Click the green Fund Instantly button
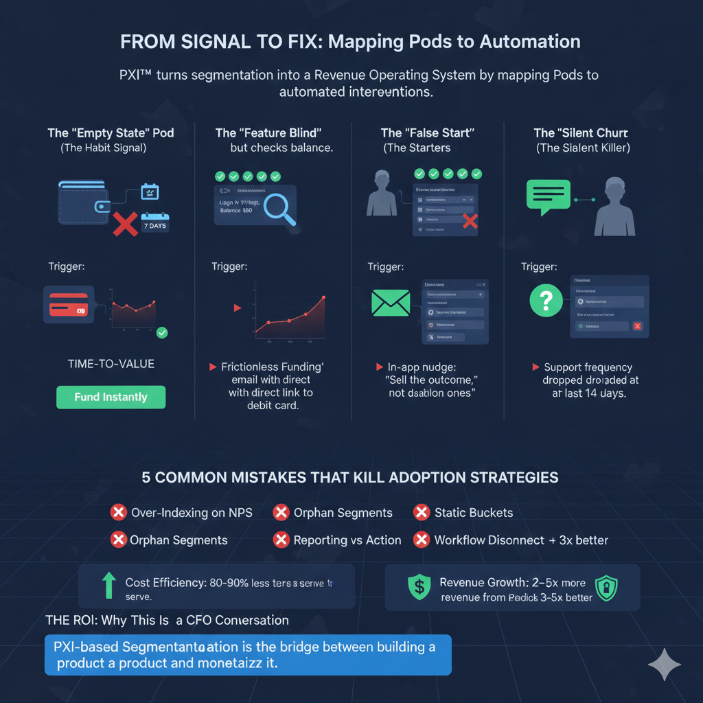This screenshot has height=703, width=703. click(x=111, y=397)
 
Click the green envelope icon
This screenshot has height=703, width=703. click(x=391, y=303)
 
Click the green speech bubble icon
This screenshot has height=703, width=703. click(x=548, y=194)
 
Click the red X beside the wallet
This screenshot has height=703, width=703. click(x=126, y=223)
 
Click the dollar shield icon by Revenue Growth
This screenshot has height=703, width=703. click(x=418, y=587)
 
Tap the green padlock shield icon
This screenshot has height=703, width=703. click(x=606, y=588)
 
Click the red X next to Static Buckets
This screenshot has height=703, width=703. click(x=422, y=512)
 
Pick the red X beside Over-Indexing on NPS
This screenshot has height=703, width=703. click(x=119, y=512)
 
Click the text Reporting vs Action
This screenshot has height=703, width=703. click(x=347, y=540)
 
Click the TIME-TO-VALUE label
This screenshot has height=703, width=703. click(x=111, y=364)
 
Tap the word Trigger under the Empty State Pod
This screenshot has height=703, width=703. click(x=67, y=266)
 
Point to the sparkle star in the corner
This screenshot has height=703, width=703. click(x=664, y=665)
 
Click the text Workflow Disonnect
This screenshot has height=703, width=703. click(x=491, y=540)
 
